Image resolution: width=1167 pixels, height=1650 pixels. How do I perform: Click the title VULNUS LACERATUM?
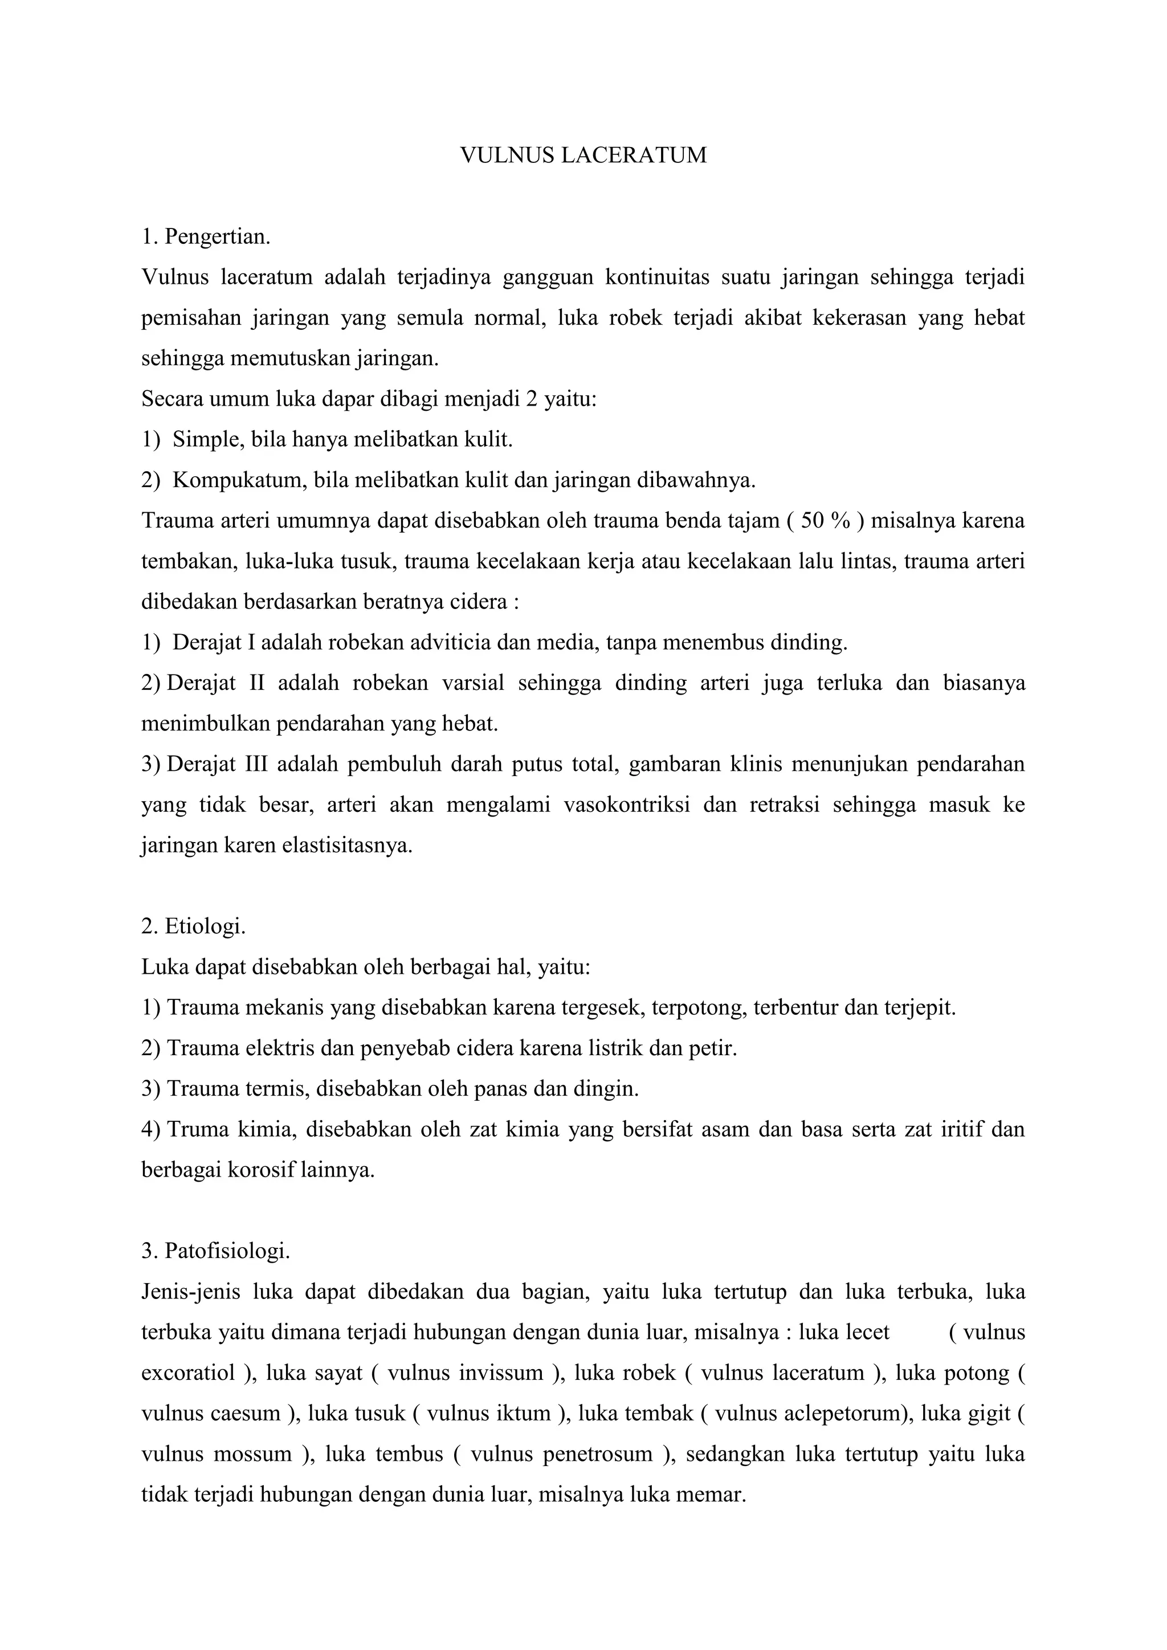pos(583,155)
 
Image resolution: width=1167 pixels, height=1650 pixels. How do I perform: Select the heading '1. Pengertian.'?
pos(206,236)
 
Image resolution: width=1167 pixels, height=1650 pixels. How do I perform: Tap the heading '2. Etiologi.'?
pos(194,926)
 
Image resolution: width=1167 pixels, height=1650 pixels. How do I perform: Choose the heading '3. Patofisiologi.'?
pos(215,1251)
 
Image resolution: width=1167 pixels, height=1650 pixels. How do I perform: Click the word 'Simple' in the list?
pos(206,439)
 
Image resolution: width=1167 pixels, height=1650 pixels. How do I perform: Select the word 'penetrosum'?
pos(598,1455)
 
